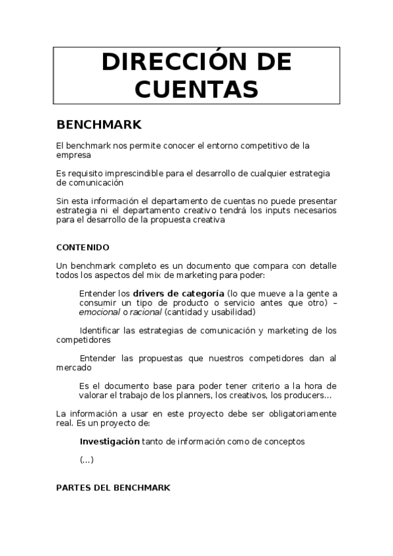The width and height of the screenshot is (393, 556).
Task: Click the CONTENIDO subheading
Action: tap(83, 247)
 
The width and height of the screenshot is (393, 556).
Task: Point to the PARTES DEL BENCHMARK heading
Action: tap(114, 488)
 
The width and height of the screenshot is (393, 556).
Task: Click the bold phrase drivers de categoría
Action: tap(178, 293)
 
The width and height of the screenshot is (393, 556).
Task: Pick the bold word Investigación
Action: tap(109, 442)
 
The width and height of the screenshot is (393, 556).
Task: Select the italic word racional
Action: tap(146, 312)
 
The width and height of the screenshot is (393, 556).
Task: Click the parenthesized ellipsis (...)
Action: tap(87, 460)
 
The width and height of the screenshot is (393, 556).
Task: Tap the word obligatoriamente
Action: tap(296, 414)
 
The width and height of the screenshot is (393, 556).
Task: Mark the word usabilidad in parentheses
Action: tap(234, 312)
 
